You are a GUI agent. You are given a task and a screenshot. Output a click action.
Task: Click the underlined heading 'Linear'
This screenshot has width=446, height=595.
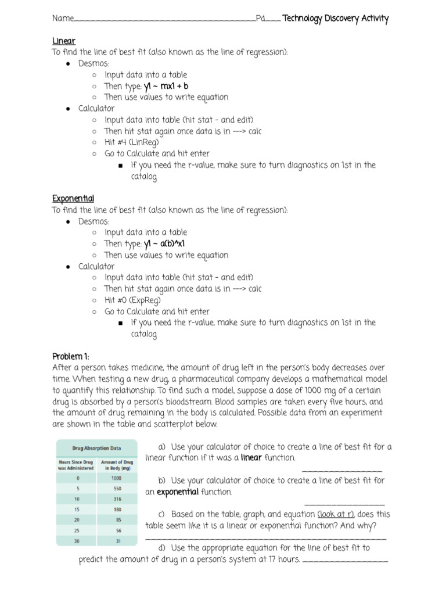(64, 41)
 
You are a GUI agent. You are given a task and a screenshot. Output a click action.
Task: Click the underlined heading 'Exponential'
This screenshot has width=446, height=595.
(73, 199)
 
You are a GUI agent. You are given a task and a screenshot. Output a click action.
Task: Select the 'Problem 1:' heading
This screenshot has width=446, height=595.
(71, 356)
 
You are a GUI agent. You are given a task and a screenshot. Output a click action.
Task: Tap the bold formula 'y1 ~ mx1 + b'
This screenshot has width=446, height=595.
(166, 86)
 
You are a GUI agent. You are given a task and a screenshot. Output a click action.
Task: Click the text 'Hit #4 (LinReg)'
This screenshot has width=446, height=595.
(131, 142)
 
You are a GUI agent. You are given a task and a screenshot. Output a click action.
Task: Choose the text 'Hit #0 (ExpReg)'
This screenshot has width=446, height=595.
(132, 300)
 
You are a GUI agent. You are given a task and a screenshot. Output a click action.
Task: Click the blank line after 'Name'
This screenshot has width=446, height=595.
(165, 20)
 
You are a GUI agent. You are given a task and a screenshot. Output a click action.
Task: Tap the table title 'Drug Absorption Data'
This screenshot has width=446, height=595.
(96, 448)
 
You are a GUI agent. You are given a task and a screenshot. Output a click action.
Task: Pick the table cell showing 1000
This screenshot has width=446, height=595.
(116, 478)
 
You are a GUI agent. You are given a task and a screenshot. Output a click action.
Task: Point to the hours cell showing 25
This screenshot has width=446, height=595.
(77, 531)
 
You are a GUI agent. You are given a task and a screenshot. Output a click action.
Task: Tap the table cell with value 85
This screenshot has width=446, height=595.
(117, 520)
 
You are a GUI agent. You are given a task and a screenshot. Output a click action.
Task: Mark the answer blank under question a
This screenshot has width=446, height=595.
(342, 471)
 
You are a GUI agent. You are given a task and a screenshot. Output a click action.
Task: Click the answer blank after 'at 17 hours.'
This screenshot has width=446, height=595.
(346, 561)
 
